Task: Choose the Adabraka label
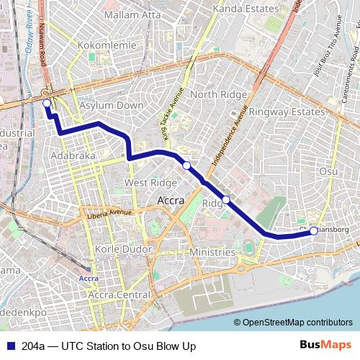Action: pyautogui.click(x=73, y=155)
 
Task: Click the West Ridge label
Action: pyautogui.click(x=150, y=183)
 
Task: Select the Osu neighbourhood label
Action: pyautogui.click(x=328, y=171)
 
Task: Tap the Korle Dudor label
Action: pyautogui.click(x=124, y=249)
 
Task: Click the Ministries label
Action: pyautogui.click(x=212, y=253)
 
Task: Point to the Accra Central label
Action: pyautogui.click(x=119, y=295)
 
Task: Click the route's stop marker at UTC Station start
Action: pyautogui.click(x=47, y=104)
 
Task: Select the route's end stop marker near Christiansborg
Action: pyautogui.click(x=313, y=231)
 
